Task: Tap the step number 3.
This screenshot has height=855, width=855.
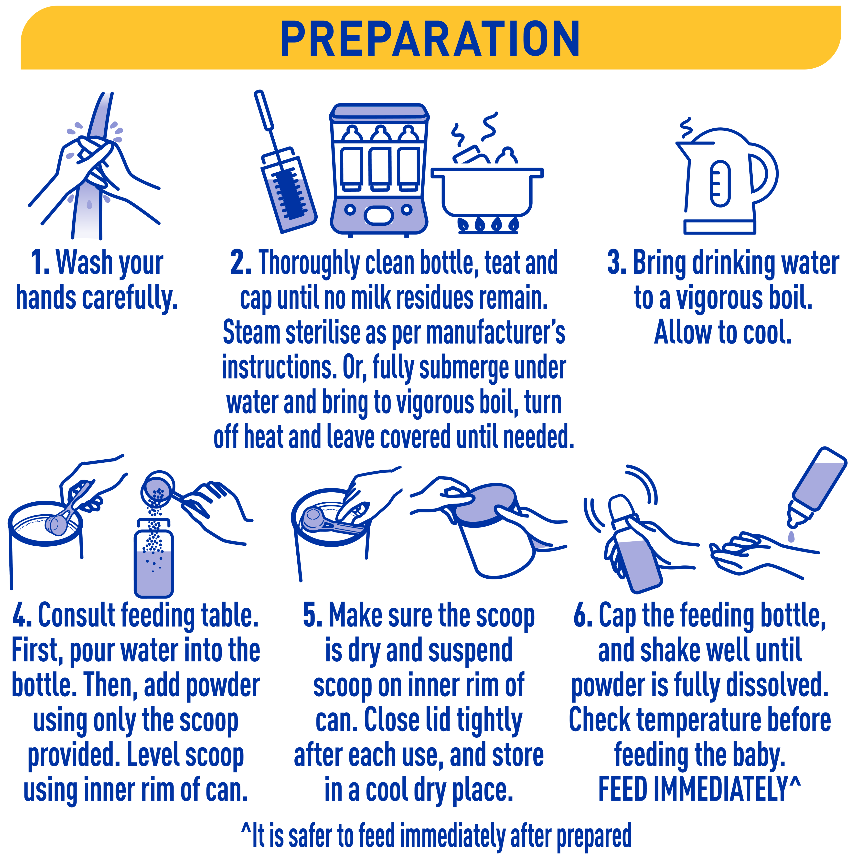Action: point(616,263)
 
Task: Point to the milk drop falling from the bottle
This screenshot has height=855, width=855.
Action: point(791,536)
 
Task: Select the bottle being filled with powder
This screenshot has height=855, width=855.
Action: point(154,558)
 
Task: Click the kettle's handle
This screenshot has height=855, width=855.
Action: point(762,174)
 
